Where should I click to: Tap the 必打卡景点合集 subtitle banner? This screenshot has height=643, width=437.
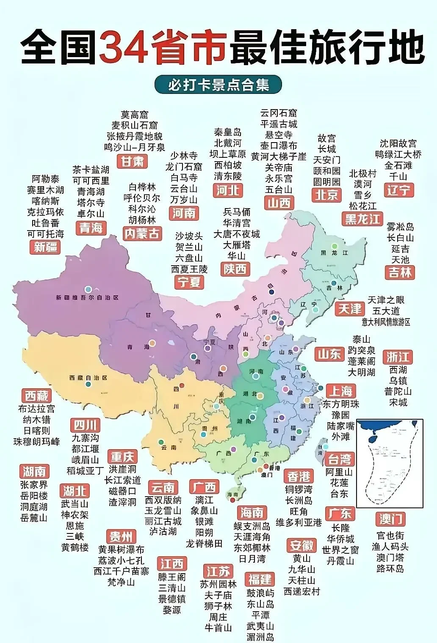218,85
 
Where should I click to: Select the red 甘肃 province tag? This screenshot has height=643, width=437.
133,161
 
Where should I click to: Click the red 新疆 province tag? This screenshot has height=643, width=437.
45,247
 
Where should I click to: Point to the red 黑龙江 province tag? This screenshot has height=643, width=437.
362,219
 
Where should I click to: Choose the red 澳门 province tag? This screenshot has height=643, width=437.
390,519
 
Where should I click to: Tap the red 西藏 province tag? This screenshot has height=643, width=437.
36,396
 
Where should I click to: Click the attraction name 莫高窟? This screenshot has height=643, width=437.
135,114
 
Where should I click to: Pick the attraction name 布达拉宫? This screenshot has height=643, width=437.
36,409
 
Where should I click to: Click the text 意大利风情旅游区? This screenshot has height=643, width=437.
386,322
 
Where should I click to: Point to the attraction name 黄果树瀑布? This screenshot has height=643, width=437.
121,550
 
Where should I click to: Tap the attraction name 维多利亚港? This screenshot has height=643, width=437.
299,522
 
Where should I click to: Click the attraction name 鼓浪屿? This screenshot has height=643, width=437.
260,593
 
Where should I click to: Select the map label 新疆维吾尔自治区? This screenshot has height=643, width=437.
87,298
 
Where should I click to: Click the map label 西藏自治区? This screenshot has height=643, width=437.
88,377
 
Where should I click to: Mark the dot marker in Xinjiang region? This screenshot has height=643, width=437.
88,290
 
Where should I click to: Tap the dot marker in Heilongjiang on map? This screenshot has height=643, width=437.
335,246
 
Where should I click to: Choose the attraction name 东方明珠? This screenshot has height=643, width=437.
340,404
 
